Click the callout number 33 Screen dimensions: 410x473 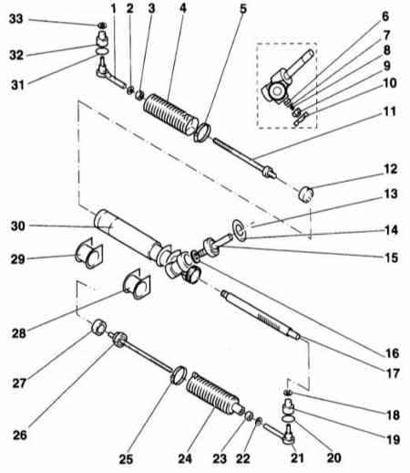click(x=16, y=19)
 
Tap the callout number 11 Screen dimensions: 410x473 click(x=390, y=111)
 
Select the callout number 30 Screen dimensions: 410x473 click(x=18, y=226)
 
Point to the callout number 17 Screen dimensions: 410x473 click(x=392, y=373)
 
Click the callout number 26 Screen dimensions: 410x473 click(x=20, y=435)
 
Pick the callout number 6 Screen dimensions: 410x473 click(x=385, y=16)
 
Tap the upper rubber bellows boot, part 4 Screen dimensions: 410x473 click(x=171, y=115)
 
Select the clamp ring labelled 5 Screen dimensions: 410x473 click(x=201, y=132)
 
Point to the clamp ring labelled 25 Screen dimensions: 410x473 click(x=179, y=374)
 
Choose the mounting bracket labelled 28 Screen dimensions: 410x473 click(x=137, y=283)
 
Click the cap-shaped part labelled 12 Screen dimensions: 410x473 click(x=305, y=194)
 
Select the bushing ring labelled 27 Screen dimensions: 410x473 click(x=99, y=327)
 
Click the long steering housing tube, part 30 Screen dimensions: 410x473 click(x=128, y=236)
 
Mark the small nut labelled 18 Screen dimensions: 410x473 click(x=288, y=393)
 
